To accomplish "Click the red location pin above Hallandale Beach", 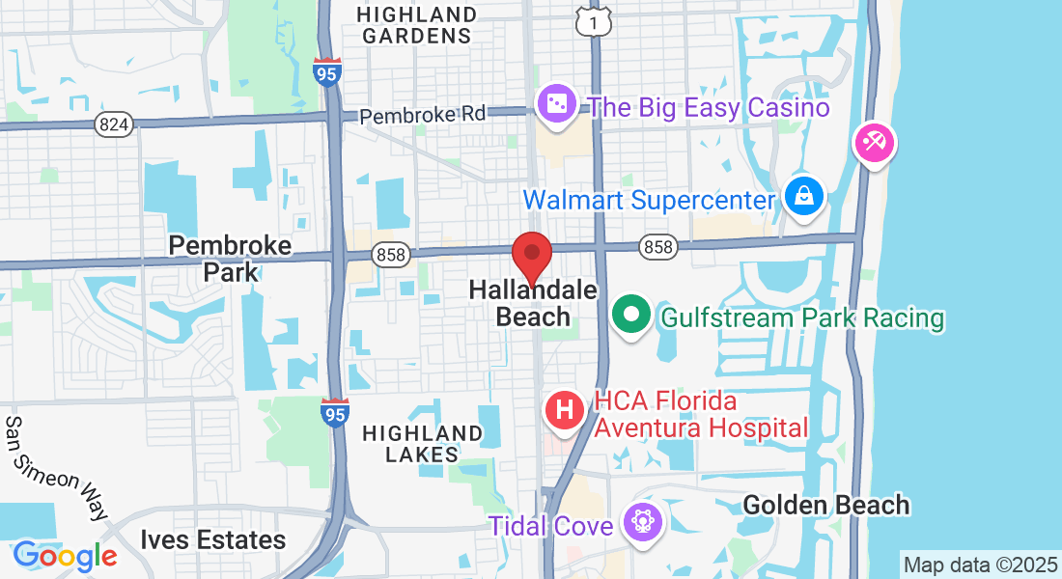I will coord(531,256).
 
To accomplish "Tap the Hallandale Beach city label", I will coord(532,302).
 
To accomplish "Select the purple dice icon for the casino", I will coord(556,106).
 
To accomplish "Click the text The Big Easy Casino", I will coord(709,107).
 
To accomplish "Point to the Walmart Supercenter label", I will coord(649,201).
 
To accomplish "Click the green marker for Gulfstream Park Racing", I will coord(631,316).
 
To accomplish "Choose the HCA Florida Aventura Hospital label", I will coord(701,413).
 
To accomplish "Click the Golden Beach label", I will coord(826,505).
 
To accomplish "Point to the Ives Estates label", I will coord(212,539).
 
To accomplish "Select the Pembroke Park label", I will coord(230,258).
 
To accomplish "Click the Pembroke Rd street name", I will coord(423,115).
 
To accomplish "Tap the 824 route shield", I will coord(114,124).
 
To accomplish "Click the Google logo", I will coord(65,556).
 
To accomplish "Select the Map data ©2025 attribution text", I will coord(979,564).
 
